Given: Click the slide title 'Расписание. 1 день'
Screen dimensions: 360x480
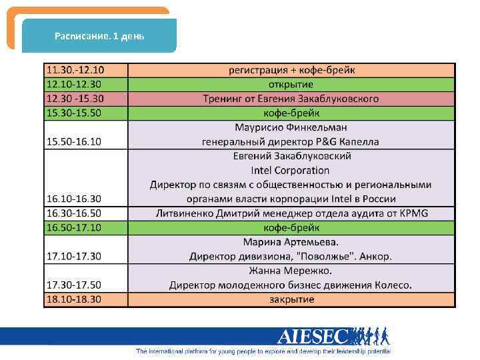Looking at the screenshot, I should [x=99, y=35].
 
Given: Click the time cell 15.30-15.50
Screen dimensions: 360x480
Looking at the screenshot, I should [x=73, y=113].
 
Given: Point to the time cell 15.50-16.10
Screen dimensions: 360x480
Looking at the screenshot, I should [x=73, y=141].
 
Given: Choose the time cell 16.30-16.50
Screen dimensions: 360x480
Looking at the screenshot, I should [x=73, y=213].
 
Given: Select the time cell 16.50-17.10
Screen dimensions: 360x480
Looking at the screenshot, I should [x=73, y=227].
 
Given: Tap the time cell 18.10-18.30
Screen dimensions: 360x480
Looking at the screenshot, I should [x=73, y=299].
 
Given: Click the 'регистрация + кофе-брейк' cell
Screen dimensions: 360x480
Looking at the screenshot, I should [x=291, y=70].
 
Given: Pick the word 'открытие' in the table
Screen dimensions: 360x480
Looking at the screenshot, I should [x=291, y=84].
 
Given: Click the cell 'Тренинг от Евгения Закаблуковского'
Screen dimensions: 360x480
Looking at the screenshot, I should [x=291, y=99].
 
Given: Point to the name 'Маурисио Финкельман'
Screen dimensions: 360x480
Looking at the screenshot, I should [x=291, y=127].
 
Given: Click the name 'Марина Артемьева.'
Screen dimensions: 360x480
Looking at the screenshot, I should [x=291, y=242].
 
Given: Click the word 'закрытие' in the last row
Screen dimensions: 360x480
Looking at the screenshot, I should [x=291, y=299].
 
